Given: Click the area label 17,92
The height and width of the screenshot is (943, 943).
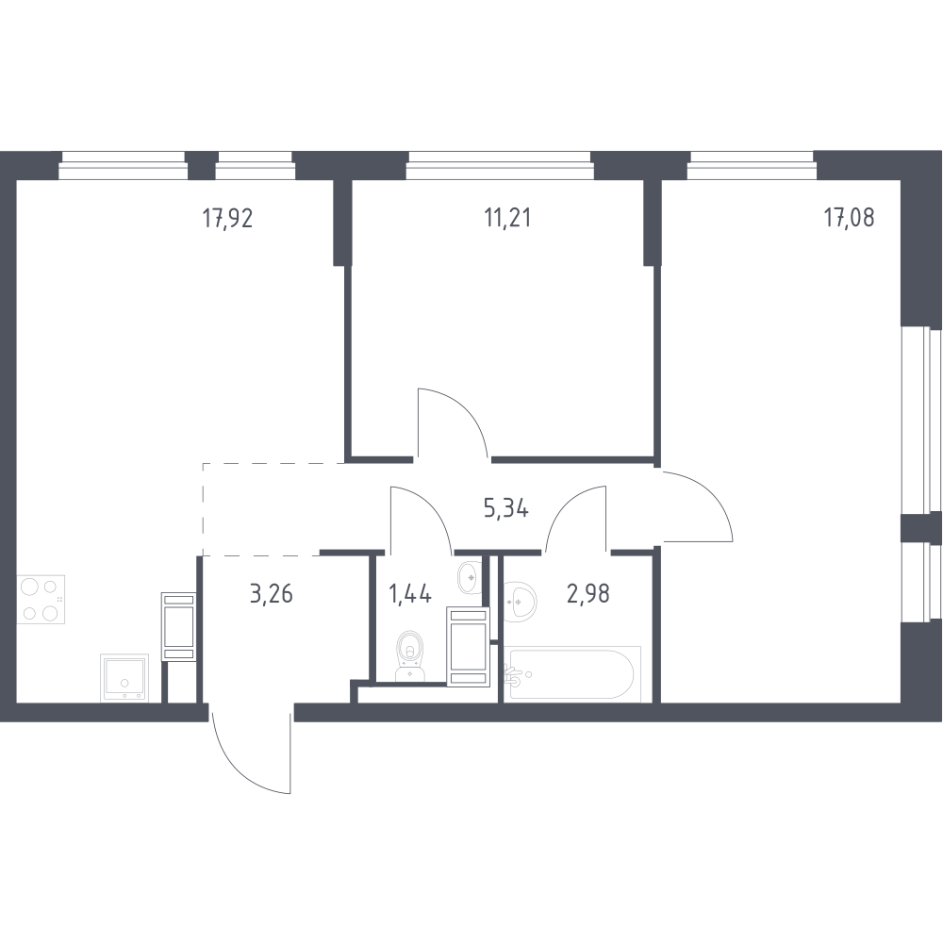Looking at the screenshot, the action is pos(227,218).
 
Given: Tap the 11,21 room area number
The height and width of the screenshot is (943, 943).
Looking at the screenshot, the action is pos(507,218).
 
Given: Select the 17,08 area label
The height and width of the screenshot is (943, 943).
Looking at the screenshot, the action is pos(850,217).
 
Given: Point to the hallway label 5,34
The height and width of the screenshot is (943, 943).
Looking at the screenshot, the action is pos(505,509).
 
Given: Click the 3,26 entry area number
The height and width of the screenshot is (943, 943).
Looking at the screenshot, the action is pos(272,593).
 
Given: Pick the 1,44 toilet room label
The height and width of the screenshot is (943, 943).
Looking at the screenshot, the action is pos(410,593).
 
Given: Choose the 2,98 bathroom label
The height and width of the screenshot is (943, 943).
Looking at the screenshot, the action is pos(588,593).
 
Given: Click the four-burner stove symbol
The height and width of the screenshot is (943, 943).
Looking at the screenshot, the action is pos(41,600).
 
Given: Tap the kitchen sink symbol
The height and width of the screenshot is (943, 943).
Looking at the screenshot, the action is pos(124,678).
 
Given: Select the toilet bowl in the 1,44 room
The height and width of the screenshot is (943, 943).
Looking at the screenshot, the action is pos(410,656).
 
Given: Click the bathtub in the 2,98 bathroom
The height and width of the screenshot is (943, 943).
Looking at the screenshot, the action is pos(572,673).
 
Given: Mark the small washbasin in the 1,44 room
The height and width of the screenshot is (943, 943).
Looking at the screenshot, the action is pos(469,577).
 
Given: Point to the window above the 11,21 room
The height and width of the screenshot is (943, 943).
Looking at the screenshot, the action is pos(500,165).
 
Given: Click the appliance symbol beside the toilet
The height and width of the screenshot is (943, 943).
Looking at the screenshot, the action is pos(468,647).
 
